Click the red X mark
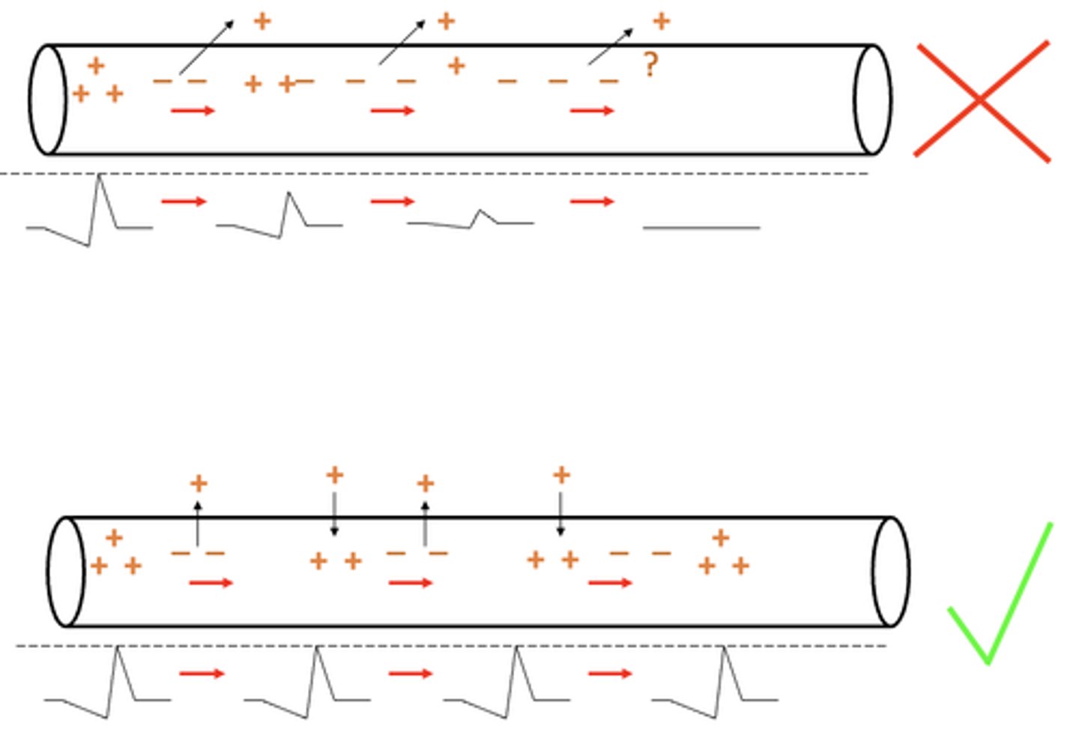click(982, 100)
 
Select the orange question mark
click(650, 66)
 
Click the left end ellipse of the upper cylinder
click(47, 100)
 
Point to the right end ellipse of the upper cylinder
click(873, 100)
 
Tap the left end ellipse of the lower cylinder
click(66, 571)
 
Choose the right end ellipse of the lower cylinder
click(891, 571)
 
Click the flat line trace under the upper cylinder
click(701, 227)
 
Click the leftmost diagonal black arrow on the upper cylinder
click(206, 47)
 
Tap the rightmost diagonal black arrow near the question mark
click(610, 47)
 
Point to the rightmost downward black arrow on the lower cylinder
click(560, 514)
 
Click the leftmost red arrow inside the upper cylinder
click(193, 111)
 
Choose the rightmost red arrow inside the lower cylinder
click(610, 582)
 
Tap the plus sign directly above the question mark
click(661, 21)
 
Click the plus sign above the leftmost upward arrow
click(199, 483)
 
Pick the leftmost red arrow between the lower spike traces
click(202, 674)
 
